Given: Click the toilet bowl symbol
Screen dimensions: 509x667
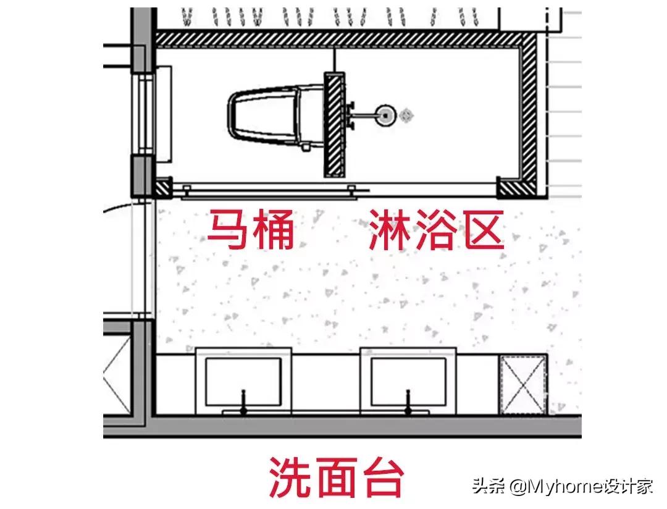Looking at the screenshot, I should (266, 115).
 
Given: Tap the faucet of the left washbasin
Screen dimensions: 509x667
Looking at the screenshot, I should (244, 402).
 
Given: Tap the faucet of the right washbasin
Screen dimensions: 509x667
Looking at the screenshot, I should (408, 402).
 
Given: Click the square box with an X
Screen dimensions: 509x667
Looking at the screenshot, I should (522, 384).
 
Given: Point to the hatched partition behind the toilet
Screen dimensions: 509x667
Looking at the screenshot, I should (333, 124).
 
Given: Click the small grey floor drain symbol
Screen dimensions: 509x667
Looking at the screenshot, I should (406, 114).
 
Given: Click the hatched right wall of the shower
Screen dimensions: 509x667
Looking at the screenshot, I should (529, 111).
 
